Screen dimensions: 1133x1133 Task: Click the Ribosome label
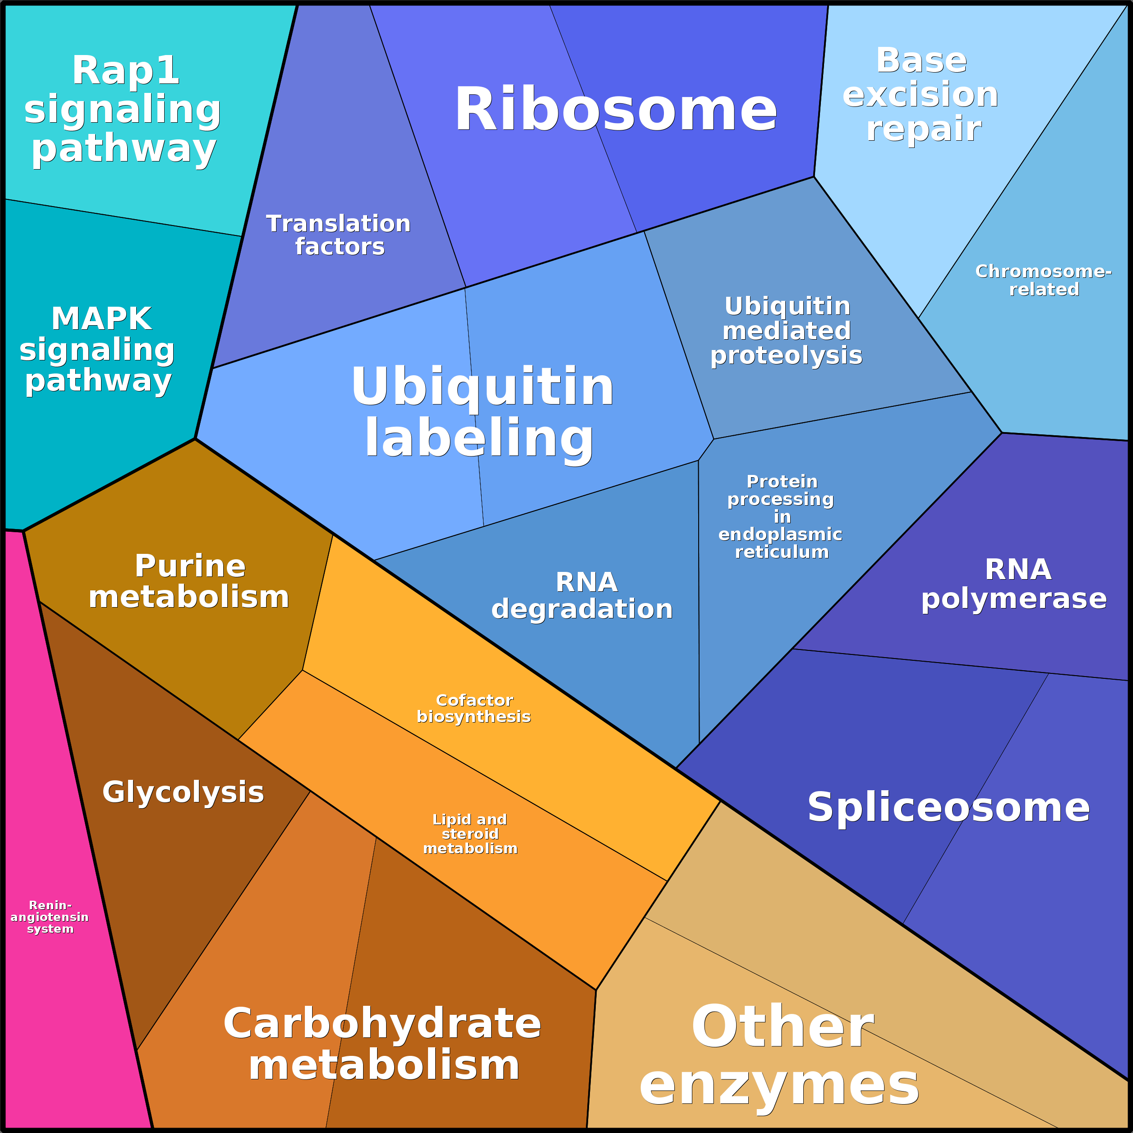coord(616,110)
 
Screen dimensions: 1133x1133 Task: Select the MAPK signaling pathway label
coord(98,350)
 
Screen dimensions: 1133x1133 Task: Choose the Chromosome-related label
coord(1043,280)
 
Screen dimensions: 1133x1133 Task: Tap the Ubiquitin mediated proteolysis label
coord(787,331)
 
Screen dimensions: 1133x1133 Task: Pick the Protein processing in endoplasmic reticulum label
coord(781,516)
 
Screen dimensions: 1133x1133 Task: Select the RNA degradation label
coord(582,595)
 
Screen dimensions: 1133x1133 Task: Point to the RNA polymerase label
coord(1014,584)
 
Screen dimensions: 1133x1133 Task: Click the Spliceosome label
coord(948,807)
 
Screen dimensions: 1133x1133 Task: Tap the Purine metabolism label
coord(189,581)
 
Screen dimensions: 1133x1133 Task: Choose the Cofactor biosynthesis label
coord(474,709)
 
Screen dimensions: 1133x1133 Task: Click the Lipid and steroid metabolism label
coord(470,834)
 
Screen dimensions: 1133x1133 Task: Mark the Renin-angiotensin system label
coord(50,917)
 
